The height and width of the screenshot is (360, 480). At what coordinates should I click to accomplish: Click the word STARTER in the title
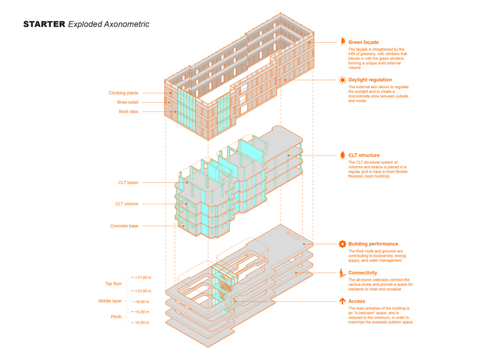click(44, 24)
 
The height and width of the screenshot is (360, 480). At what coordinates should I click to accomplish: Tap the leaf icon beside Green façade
click(343, 42)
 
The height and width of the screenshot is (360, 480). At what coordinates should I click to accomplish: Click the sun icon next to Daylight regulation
click(342, 80)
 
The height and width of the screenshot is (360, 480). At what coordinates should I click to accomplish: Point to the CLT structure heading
click(364, 155)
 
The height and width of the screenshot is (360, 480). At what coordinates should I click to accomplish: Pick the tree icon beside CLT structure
click(342, 155)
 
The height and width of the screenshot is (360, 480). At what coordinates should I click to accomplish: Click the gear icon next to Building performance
click(342, 244)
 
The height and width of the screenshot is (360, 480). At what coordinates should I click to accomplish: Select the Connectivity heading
click(363, 273)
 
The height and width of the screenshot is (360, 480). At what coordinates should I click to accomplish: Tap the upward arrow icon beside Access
click(342, 301)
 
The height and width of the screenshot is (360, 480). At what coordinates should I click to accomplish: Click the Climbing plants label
click(123, 93)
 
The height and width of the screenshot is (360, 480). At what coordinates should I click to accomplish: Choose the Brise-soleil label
click(128, 102)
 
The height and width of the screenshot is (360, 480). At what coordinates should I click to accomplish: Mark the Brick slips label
click(129, 112)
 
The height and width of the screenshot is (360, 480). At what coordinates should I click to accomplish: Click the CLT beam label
click(128, 182)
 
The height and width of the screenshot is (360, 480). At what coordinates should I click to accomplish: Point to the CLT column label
click(127, 204)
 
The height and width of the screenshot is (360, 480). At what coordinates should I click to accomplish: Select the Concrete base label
click(124, 226)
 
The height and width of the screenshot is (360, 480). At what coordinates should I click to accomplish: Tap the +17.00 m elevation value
click(143, 277)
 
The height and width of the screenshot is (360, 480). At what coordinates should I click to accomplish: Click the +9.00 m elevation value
click(142, 302)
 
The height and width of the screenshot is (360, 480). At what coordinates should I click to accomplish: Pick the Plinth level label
click(116, 317)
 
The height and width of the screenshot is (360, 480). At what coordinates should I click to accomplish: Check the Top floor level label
click(113, 284)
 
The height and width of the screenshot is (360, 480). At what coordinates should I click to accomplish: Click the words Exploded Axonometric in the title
click(108, 24)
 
